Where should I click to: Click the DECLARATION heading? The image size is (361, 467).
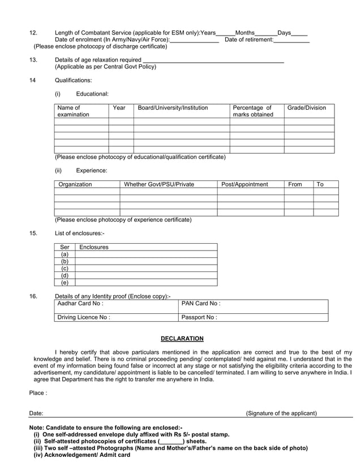(182, 339)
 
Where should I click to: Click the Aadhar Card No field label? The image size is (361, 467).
(80, 304)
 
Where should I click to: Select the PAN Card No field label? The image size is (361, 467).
(201, 304)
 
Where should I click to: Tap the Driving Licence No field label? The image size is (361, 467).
(84, 317)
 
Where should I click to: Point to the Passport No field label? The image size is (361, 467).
(199, 317)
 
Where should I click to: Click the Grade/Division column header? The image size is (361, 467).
(307, 107)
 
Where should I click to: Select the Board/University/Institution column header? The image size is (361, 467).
(173, 107)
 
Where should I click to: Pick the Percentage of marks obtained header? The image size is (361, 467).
(252, 111)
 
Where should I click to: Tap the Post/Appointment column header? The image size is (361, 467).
(244, 184)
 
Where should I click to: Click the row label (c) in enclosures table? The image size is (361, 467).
(65, 269)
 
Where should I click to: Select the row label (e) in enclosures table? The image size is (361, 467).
(65, 283)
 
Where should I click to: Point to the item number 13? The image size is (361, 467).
(33, 60)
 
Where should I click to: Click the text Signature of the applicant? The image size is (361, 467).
(281, 413)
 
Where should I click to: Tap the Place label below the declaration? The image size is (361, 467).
(38, 392)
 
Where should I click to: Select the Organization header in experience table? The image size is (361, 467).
(75, 184)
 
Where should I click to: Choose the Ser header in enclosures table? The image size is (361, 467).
(65, 247)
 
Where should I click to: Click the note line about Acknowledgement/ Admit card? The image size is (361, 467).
(82, 455)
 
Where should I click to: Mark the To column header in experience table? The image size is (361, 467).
(320, 184)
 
